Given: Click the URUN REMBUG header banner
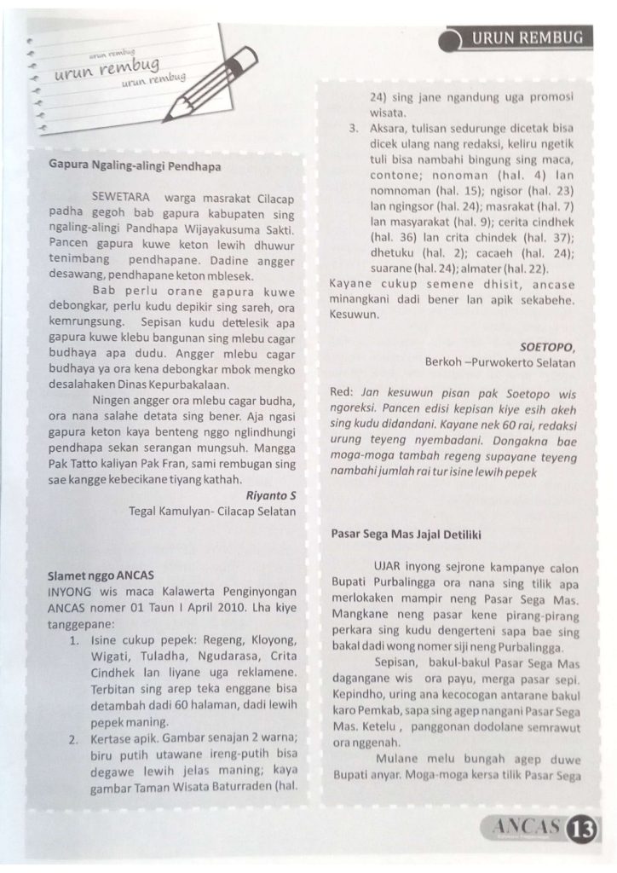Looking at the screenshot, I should (x=521, y=38).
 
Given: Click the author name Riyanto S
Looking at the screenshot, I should (x=270, y=494).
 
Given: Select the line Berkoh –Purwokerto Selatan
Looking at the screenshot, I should (x=499, y=362).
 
